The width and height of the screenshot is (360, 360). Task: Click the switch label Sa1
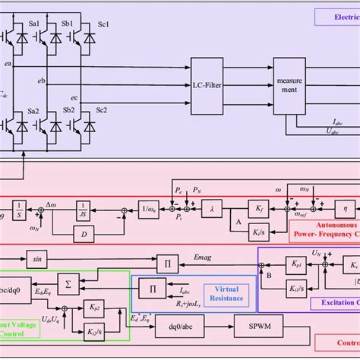pos(38,24)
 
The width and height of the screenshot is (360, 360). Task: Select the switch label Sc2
pos(103,110)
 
